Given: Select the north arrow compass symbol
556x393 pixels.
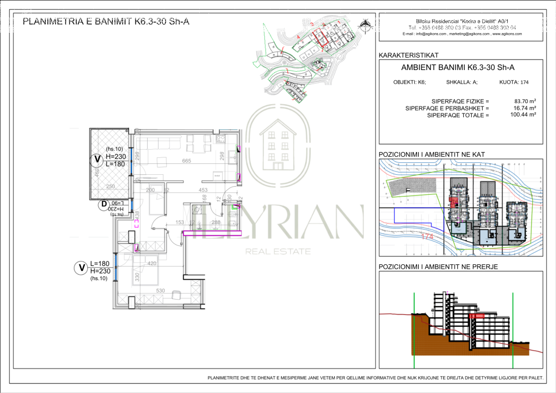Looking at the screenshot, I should [x=367, y=24].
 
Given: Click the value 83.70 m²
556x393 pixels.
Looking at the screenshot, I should [x=525, y=101].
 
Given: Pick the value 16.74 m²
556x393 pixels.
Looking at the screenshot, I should [x=525, y=108].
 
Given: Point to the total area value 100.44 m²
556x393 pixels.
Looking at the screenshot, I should [x=523, y=115].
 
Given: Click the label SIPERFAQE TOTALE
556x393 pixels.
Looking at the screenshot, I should [x=458, y=115].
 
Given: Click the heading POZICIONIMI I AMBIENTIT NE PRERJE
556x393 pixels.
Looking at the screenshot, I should [x=438, y=267].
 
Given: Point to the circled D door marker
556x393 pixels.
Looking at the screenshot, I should [x=103, y=205].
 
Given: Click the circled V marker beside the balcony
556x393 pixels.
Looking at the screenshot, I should [x=97, y=160].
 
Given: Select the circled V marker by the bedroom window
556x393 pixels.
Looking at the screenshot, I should [x=81, y=268].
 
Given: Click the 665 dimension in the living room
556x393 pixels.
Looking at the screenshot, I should [x=186, y=161].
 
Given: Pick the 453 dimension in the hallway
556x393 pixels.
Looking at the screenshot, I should [x=203, y=190].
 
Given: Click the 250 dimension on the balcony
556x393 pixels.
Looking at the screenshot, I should [x=111, y=187].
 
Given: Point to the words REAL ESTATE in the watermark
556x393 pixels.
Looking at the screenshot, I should [x=278, y=251].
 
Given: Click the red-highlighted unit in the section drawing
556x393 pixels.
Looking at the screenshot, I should [x=476, y=315].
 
